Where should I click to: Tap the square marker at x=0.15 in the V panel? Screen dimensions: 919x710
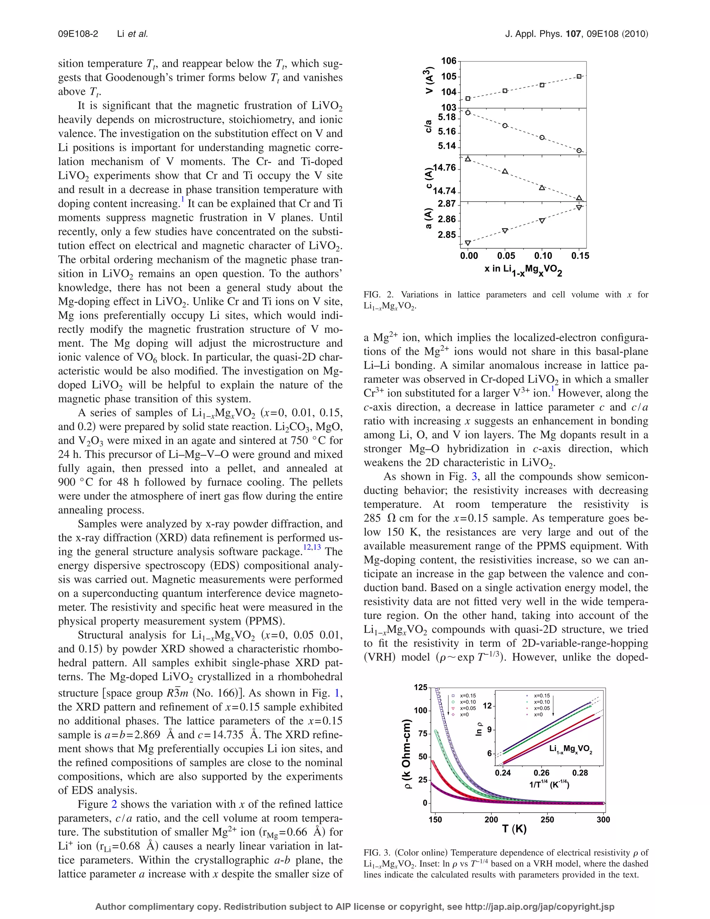coord(579,77)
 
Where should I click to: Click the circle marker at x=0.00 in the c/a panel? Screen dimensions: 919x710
coord(468,113)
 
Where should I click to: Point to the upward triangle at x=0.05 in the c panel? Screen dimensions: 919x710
coord(505,171)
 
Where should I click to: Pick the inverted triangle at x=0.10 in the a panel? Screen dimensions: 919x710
coord(542,221)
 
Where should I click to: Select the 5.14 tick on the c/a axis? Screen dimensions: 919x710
coord(447,146)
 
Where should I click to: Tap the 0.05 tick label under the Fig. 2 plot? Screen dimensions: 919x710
coord(506,256)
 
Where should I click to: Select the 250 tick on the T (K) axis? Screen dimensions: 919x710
coord(547,819)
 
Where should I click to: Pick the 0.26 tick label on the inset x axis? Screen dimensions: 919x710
coord(541,773)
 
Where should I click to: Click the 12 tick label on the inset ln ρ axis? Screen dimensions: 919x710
coord(487,705)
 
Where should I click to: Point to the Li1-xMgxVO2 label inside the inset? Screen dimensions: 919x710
coord(570,749)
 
